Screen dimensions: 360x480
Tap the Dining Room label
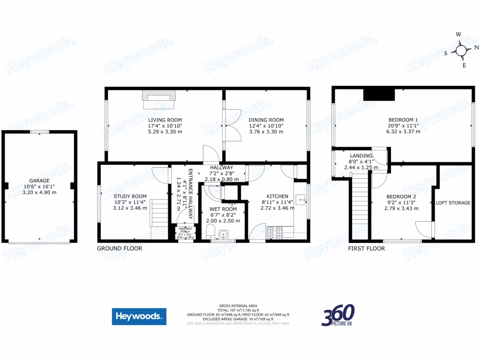pos(266,120)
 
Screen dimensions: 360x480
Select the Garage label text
pos(39,180)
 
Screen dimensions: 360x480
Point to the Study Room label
pos(130,196)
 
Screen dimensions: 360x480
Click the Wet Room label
pos(223,209)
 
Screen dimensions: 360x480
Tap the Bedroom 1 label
pos(403,120)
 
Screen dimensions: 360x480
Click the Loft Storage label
pos(453,203)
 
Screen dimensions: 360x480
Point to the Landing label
pos(361,156)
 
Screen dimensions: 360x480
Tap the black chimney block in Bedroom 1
pos(379,94)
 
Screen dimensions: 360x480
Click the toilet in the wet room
pos(210,232)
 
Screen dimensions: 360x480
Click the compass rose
pos(461,50)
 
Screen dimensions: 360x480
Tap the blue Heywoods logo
pos(139,316)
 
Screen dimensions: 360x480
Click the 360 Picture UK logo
pos(337,315)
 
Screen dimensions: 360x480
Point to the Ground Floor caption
pos(119,248)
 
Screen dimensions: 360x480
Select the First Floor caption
pos(366,248)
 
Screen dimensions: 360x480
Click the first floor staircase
pos(360,206)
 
